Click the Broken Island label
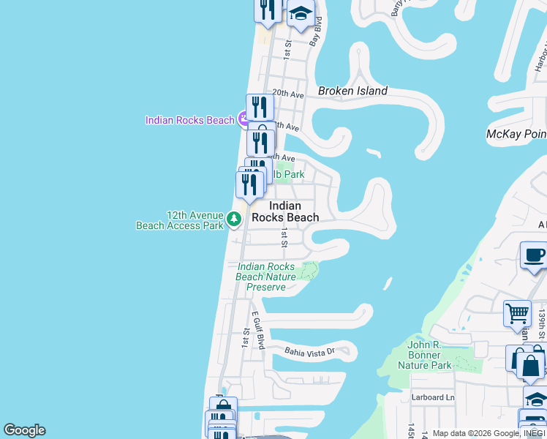[352, 91]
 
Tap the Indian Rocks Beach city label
[285, 211]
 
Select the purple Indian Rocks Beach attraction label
[189, 120]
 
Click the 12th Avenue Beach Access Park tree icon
[233, 219]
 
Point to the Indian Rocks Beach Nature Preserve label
[266, 277]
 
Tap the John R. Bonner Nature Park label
[425, 355]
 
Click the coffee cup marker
[533, 257]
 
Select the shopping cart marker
[517, 313]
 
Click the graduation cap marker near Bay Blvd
[301, 15]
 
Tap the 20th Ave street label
[287, 94]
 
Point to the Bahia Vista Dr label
[309, 351]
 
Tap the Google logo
[24, 430]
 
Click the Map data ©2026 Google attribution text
[475, 433]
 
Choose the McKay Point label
[516, 135]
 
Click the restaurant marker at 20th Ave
[260, 108]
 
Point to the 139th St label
[543, 318]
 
